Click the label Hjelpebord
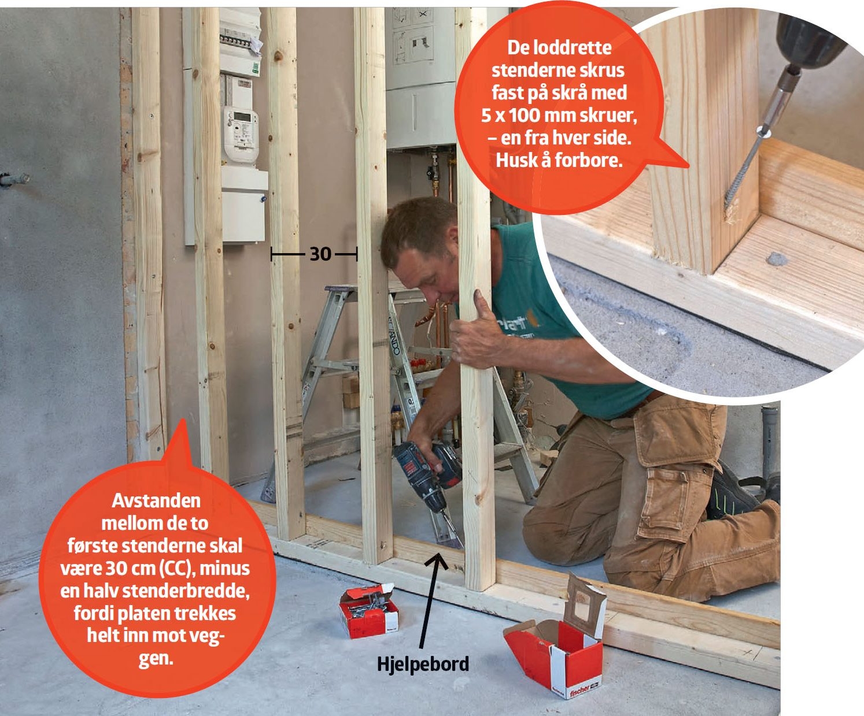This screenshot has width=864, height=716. point(423,664)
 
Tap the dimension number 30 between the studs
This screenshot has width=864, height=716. point(320,254)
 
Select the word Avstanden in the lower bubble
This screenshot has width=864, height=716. point(156,501)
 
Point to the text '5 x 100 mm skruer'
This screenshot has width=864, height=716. point(558,116)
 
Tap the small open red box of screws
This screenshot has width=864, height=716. point(368,610)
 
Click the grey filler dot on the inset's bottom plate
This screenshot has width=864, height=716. point(777,259)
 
